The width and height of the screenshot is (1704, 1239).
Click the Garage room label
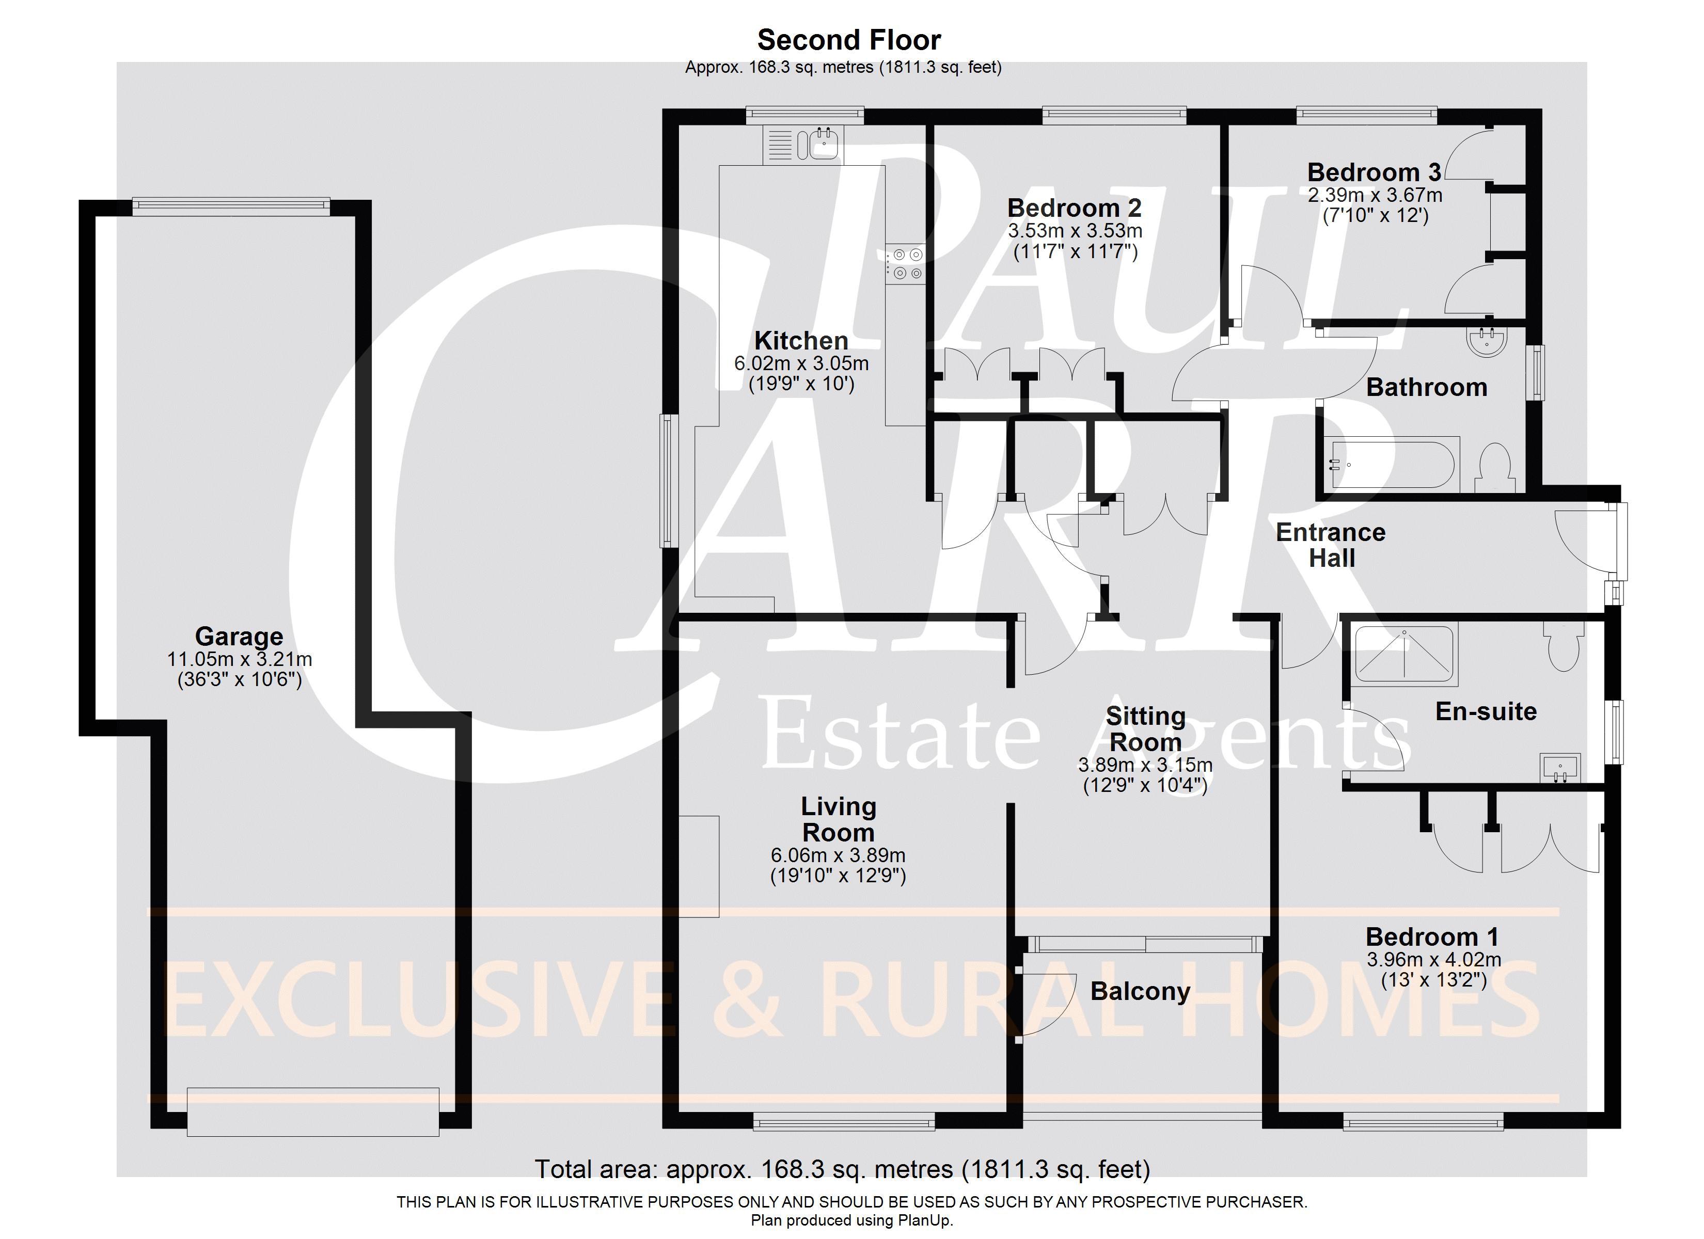239,637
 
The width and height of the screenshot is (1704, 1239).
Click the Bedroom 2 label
1075,208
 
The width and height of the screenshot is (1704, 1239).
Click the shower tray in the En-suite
1405,653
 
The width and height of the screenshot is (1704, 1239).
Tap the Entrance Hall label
1331,545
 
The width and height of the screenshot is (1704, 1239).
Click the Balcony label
1140,991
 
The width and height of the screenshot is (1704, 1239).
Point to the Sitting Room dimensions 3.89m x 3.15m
1145,765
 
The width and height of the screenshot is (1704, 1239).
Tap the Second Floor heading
849,39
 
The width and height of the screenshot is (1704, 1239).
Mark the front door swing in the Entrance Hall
1582,541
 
